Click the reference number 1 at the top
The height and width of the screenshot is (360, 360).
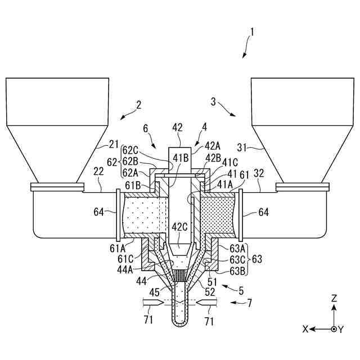[252, 32]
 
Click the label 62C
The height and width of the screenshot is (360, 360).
[130, 150]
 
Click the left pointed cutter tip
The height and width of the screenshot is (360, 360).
[165, 303]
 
